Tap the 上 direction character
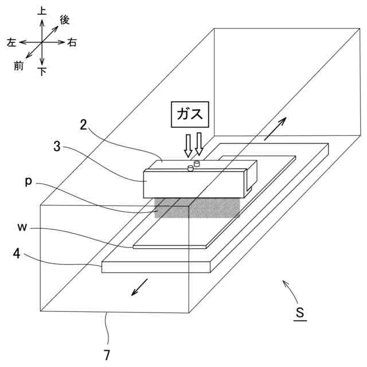pyautogui.click(x=42, y=11)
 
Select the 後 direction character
pyautogui.click(x=64, y=21)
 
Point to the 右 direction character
pyautogui.click(x=72, y=42)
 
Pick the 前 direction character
pyautogui.click(x=19, y=66)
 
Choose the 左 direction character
pyautogui.click(x=11, y=42)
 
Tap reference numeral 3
pyautogui.click(x=57, y=146)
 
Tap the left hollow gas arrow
pyautogui.click(x=188, y=145)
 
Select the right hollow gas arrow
pyautogui.click(x=199, y=143)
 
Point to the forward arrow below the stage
pyautogui.click(x=140, y=287)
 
